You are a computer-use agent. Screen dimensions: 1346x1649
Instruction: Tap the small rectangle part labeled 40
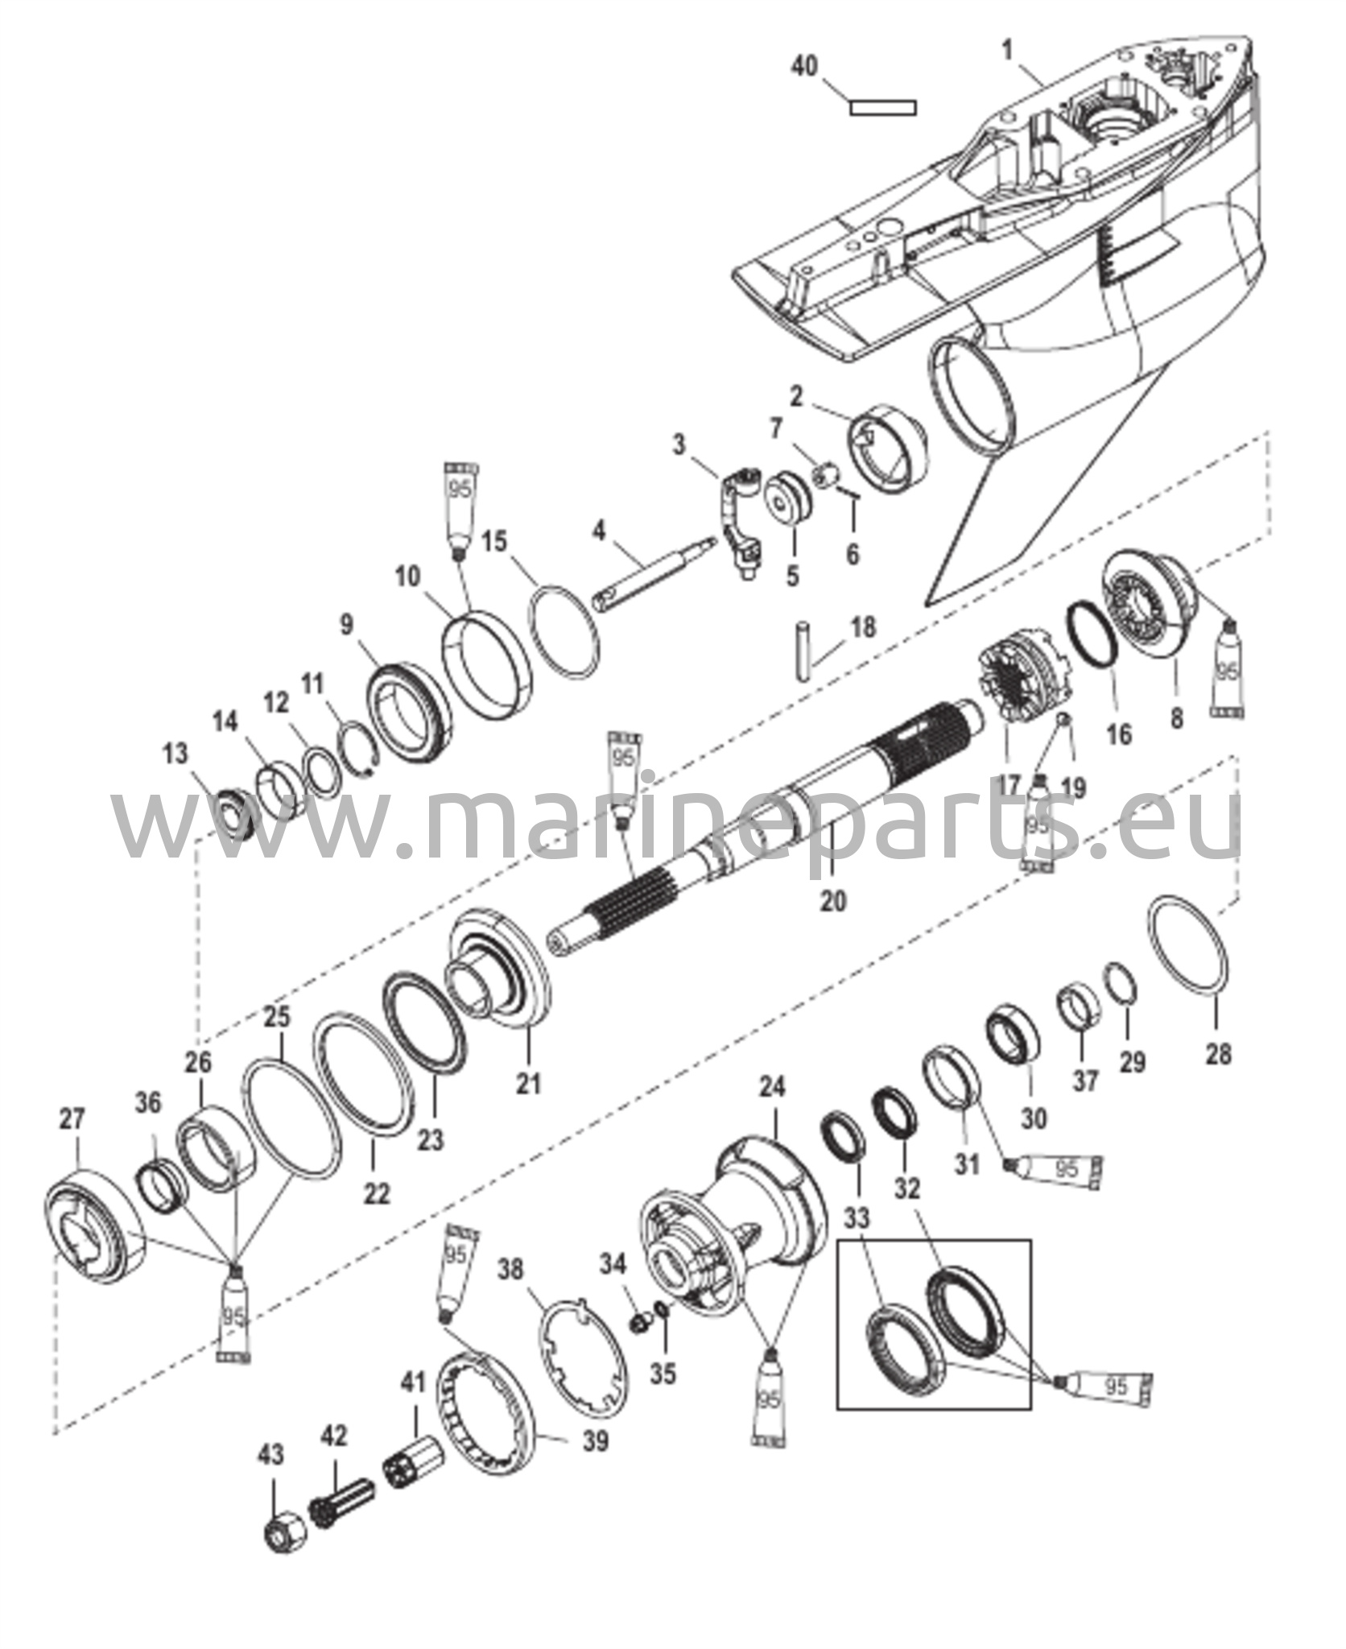point(883,107)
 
